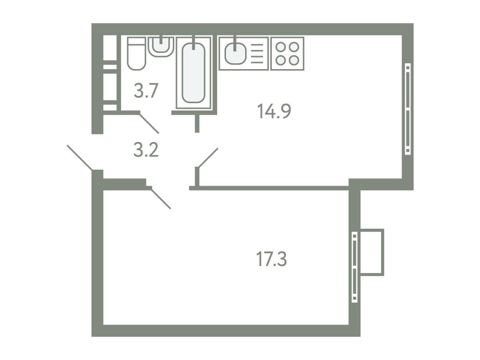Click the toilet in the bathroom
(136, 54)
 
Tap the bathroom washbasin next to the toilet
(161, 47)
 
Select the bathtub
(193, 73)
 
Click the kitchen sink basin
(235, 54)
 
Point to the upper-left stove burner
(280, 47)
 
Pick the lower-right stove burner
(294, 60)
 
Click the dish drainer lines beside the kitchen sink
(257, 54)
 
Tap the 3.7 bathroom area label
(146, 91)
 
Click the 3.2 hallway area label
(146, 150)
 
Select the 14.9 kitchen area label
(274, 111)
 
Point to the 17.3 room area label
(271, 259)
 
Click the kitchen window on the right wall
(408, 109)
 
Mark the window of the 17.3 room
(354, 267)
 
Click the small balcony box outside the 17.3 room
(372, 252)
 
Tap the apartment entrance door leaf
(80, 157)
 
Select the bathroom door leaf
(149, 123)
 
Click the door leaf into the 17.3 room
(161, 199)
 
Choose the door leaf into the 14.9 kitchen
(208, 158)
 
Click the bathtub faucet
(193, 42)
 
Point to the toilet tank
(136, 41)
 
